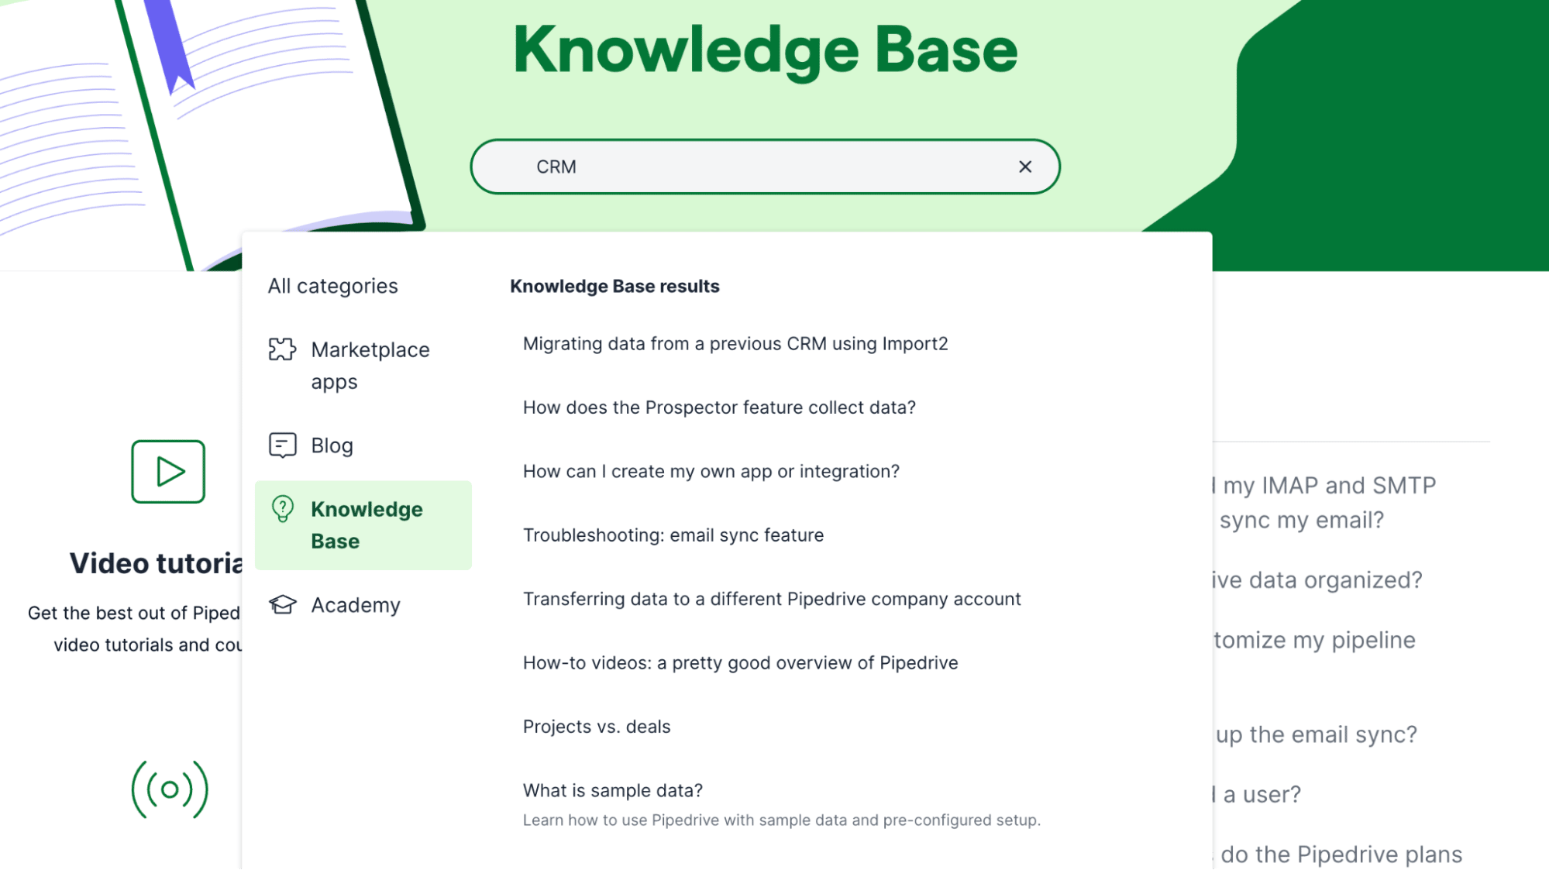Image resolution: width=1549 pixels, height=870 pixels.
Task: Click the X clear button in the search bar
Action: click(x=1024, y=167)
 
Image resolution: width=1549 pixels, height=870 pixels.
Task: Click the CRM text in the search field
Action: click(x=556, y=167)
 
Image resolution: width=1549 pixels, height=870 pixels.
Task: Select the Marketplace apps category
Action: click(x=370, y=365)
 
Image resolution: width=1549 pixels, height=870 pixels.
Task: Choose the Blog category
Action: click(x=332, y=445)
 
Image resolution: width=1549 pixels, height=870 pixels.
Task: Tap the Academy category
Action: click(x=355, y=605)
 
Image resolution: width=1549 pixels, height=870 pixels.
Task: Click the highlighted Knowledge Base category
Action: click(x=366, y=525)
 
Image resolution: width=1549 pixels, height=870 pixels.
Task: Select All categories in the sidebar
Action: click(x=332, y=286)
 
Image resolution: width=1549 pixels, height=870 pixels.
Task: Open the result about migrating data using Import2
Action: click(x=735, y=343)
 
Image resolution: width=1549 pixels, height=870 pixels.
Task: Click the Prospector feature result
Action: click(x=718, y=407)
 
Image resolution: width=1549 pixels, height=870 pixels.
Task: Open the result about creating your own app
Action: click(x=711, y=471)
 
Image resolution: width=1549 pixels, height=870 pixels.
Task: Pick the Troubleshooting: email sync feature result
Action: click(x=673, y=535)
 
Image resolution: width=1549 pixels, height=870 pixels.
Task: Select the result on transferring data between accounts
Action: click(x=771, y=599)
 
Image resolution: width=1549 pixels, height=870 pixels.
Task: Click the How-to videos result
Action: click(x=740, y=663)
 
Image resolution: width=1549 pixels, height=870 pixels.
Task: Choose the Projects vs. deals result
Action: click(x=596, y=727)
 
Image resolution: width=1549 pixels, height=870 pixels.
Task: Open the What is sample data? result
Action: click(x=612, y=790)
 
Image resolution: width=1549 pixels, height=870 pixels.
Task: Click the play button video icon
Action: click(x=168, y=471)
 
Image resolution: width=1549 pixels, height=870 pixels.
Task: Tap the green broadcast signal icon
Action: click(x=170, y=789)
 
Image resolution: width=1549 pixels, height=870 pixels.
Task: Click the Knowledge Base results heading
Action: click(x=614, y=286)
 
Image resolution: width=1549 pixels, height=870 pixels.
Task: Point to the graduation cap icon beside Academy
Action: click(x=282, y=604)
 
